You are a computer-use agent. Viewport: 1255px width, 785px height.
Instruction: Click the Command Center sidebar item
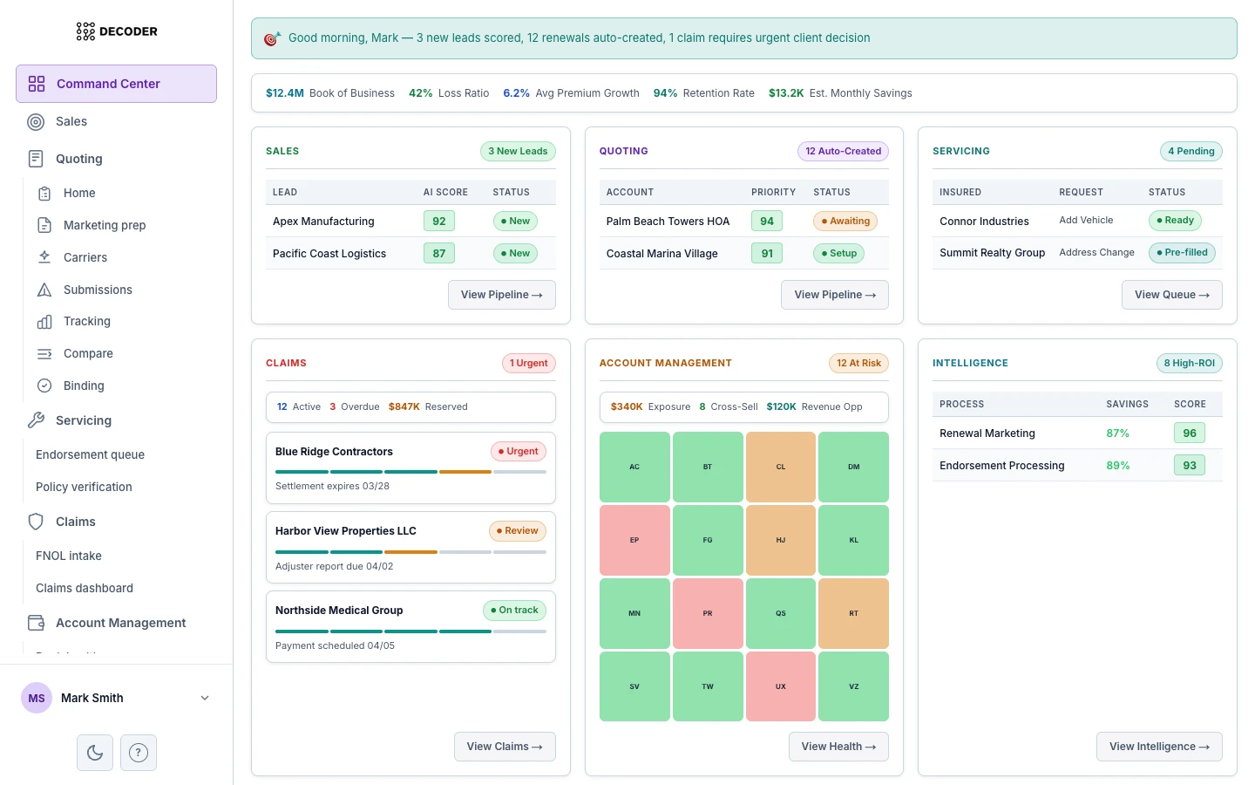pyautogui.click(x=116, y=84)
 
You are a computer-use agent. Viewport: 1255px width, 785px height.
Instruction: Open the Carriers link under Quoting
pyautogui.click(x=85, y=257)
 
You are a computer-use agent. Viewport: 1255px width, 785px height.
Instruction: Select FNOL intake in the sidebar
pyautogui.click(x=69, y=556)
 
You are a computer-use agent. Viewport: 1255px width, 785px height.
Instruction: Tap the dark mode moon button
pyautogui.click(x=95, y=753)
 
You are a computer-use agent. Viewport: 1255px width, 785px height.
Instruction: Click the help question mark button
pyautogui.click(x=139, y=753)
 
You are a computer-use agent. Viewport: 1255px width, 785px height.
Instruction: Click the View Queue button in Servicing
pyautogui.click(x=1171, y=295)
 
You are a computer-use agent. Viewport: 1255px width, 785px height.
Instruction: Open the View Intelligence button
pyautogui.click(x=1158, y=747)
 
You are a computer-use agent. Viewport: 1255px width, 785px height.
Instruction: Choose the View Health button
pyautogui.click(x=838, y=747)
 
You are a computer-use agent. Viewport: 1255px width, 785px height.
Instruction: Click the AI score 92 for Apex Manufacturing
pyautogui.click(x=439, y=222)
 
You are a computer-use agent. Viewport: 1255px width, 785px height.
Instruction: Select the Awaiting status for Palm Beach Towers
pyautogui.click(x=845, y=222)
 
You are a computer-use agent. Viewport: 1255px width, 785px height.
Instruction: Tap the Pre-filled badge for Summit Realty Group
pyautogui.click(x=1182, y=253)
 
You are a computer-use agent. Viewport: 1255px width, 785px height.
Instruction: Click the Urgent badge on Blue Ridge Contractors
pyautogui.click(x=518, y=452)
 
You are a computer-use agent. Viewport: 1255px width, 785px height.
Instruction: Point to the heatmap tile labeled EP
pyautogui.click(x=634, y=540)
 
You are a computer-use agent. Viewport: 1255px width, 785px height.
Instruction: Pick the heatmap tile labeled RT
pyautogui.click(x=853, y=613)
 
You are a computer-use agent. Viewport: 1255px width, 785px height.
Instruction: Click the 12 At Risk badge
pyautogui.click(x=858, y=364)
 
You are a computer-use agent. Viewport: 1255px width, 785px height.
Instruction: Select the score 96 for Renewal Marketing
pyautogui.click(x=1189, y=433)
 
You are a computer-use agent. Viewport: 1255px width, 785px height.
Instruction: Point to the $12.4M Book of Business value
pyautogui.click(x=285, y=93)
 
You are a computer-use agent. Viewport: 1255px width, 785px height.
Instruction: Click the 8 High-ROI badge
pyautogui.click(x=1189, y=364)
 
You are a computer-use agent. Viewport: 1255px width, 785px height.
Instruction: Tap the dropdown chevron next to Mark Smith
pyautogui.click(x=205, y=698)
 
